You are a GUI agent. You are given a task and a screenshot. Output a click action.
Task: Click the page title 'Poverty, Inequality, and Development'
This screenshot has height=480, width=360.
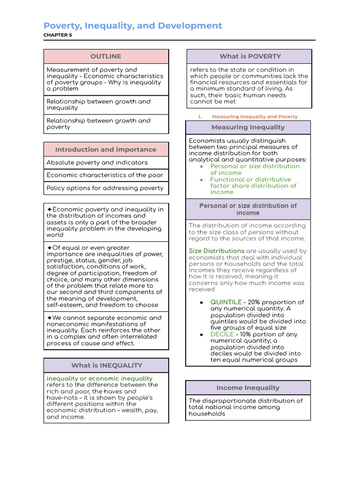133,26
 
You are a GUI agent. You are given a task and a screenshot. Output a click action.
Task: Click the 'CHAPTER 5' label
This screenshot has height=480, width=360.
58,35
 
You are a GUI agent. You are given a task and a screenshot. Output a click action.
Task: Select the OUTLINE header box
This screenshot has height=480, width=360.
106,56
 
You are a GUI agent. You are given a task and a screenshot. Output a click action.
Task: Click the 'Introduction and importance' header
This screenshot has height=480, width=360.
106,150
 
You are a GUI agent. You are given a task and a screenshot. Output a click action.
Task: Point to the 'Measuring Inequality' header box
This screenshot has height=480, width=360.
248,127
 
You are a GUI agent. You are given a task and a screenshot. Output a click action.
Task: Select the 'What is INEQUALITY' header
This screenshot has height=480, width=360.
106,365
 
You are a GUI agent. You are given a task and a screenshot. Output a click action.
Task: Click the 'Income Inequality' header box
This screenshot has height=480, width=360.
248,388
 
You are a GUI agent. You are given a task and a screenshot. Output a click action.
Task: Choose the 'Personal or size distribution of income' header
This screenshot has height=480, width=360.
248,209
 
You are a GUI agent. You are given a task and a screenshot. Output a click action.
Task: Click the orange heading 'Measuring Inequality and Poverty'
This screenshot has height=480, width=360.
255,117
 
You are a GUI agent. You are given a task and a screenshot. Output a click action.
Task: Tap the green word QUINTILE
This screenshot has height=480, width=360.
226,302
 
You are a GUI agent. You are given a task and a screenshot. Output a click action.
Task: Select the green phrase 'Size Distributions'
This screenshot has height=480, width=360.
217,251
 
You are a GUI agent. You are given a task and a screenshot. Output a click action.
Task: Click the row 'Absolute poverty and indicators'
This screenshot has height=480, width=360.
97,163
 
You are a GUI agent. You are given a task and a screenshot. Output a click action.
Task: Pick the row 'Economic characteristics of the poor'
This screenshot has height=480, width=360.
105,175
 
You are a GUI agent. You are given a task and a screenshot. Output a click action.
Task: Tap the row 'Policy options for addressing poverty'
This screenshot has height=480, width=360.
105,188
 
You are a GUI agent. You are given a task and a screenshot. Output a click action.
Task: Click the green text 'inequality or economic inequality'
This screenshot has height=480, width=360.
99,378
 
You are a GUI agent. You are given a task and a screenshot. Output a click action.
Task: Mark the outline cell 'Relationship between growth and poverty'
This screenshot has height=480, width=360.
98,124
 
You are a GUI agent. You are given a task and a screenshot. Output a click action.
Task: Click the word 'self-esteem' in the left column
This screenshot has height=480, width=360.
64,305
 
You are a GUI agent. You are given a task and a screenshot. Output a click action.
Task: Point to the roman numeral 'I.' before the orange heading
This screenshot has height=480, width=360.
200,117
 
